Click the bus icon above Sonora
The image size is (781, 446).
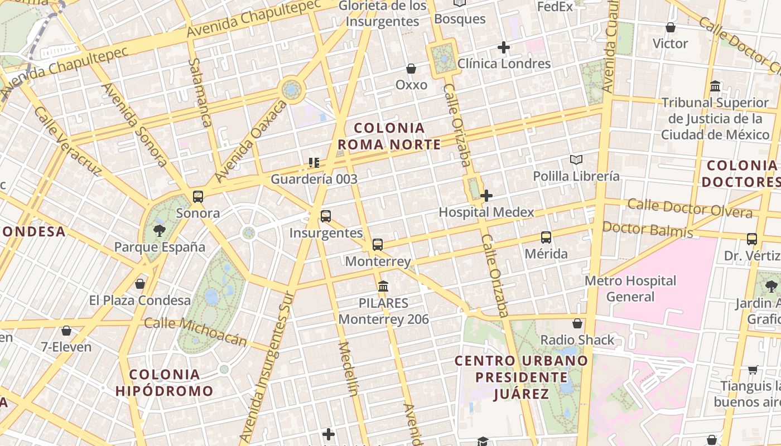click(x=198, y=196)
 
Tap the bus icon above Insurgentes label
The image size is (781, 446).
click(x=326, y=216)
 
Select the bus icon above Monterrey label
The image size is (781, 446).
click(x=378, y=244)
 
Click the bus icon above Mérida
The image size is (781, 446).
click(x=546, y=237)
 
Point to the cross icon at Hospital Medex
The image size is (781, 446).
click(x=486, y=196)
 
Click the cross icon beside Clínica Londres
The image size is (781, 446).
click(x=504, y=47)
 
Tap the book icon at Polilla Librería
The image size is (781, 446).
click(x=576, y=160)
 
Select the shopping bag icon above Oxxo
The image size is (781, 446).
click(x=411, y=69)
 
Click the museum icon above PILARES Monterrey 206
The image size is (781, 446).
click(x=383, y=287)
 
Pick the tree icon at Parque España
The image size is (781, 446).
click(x=160, y=230)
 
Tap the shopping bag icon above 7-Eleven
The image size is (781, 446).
click(x=66, y=331)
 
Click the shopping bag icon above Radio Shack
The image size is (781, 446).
click(x=577, y=323)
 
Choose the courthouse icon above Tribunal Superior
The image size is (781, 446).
click(x=715, y=86)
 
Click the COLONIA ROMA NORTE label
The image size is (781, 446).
click(x=389, y=137)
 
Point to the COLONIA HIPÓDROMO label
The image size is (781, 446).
click(x=165, y=382)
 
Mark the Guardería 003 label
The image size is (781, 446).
click(x=314, y=180)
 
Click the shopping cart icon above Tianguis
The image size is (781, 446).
click(x=753, y=370)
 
